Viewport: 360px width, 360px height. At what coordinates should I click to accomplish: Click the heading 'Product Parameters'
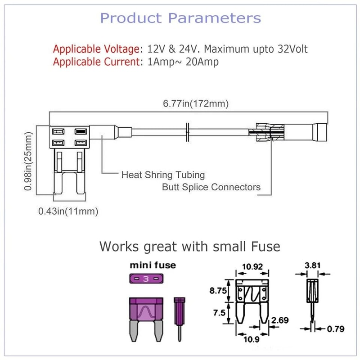click(x=180, y=18)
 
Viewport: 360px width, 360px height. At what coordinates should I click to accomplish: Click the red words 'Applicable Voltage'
click(x=96, y=49)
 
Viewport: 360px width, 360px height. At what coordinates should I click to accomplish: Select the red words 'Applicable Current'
click(x=96, y=62)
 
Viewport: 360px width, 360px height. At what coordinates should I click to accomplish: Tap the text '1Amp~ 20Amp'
click(x=183, y=62)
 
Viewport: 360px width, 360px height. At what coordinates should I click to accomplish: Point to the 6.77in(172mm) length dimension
click(x=196, y=103)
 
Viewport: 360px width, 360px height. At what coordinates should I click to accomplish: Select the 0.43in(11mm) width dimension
click(x=68, y=211)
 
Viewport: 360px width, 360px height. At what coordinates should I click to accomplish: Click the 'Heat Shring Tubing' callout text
click(x=163, y=174)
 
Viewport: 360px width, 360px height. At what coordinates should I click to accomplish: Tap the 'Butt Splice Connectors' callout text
click(x=211, y=187)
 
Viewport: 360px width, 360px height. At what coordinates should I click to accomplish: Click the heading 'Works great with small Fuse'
click(x=189, y=247)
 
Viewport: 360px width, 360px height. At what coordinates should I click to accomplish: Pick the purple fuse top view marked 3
click(x=145, y=279)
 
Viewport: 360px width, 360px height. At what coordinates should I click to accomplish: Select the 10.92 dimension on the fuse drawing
click(x=253, y=266)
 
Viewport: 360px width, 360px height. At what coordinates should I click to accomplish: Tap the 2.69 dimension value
click(x=279, y=320)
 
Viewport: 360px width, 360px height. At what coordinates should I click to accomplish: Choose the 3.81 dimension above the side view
click(x=310, y=265)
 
